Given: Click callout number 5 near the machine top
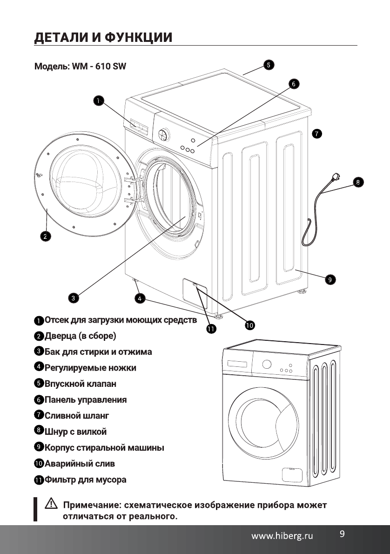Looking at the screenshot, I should (269, 65).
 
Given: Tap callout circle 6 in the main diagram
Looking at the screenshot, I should (293, 84).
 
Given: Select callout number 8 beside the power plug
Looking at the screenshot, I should (357, 182).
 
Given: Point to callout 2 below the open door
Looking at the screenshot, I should (45, 236).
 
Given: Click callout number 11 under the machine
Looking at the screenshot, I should (211, 329).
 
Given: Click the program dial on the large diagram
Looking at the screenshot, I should (163, 135).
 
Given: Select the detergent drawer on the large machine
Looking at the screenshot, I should (140, 126).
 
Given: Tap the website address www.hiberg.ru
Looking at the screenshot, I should (282, 536).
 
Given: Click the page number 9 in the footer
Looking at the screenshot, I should (342, 534).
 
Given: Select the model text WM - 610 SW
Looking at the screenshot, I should (98, 67).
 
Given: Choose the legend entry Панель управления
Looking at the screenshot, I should (85, 399).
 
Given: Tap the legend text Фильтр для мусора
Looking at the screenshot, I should (85, 480).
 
